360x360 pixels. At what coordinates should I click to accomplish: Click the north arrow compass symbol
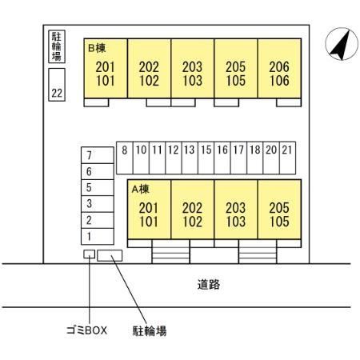[x=342, y=44]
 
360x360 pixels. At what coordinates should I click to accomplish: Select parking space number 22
[x=57, y=85]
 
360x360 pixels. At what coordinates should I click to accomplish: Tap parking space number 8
[x=125, y=158]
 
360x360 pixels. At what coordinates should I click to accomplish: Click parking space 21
[x=287, y=158]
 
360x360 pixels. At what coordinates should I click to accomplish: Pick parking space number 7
[x=98, y=155]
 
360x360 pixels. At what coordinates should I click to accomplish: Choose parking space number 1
[x=98, y=237]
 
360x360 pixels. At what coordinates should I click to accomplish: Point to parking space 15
[x=206, y=158]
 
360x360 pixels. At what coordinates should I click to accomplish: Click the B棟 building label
[x=97, y=48]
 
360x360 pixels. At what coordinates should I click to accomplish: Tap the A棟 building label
[x=141, y=189]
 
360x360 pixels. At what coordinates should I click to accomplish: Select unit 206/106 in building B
[x=279, y=69]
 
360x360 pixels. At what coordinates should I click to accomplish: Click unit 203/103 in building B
[x=193, y=69]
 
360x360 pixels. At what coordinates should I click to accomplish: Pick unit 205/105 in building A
[x=279, y=210]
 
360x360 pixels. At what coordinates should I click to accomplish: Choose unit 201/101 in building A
[x=150, y=210]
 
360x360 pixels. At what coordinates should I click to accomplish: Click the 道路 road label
[x=209, y=285]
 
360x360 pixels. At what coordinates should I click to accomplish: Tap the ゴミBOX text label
[x=86, y=330]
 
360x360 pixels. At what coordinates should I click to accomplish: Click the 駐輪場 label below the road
[x=150, y=331]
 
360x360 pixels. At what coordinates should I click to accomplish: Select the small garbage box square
[x=89, y=254]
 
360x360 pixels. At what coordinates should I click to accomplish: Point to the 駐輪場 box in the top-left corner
[x=57, y=46]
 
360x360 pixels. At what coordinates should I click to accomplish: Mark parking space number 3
[x=98, y=204]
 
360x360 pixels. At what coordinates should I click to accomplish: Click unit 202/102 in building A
[x=193, y=210]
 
